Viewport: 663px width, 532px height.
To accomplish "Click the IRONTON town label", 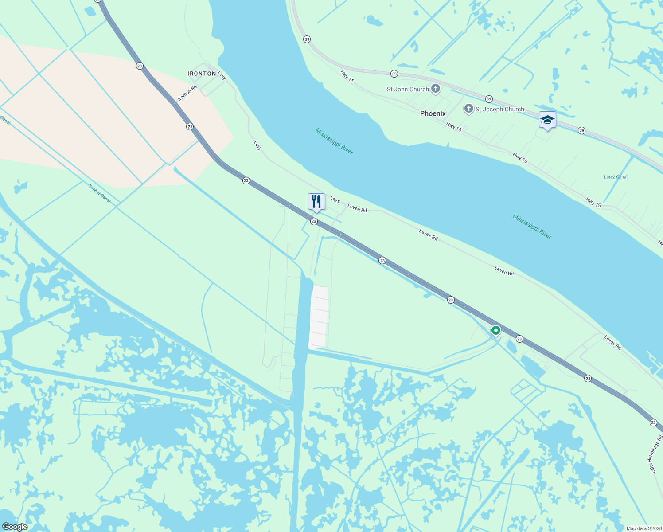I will (202, 74).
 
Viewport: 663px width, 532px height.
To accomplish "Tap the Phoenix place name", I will (433, 113).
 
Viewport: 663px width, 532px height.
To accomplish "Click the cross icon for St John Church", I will (436, 89).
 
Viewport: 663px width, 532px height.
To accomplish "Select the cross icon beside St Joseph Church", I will (468, 109).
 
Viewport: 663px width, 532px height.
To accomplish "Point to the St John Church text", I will (408, 89).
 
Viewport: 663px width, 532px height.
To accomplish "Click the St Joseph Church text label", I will (499, 109).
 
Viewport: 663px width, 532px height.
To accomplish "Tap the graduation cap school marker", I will (547, 120).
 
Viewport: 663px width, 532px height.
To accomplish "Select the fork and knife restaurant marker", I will (316, 202).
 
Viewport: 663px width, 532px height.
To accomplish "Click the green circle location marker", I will (496, 330).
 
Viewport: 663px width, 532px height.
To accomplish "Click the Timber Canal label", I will (99, 194).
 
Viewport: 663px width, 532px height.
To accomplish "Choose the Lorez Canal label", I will (616, 177).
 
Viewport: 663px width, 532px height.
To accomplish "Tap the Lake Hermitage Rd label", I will (654, 454).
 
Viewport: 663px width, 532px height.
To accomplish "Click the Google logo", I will (15, 527).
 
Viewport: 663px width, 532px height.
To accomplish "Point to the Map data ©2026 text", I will (643, 528).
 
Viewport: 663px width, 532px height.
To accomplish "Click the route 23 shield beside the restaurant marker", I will (314, 221).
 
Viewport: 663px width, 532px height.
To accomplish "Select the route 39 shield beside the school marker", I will (581, 130).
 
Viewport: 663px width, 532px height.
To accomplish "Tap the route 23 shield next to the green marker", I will (519, 339).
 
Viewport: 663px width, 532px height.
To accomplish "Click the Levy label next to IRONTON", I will (222, 76).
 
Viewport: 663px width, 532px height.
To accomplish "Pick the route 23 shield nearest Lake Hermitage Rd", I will (653, 422).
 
